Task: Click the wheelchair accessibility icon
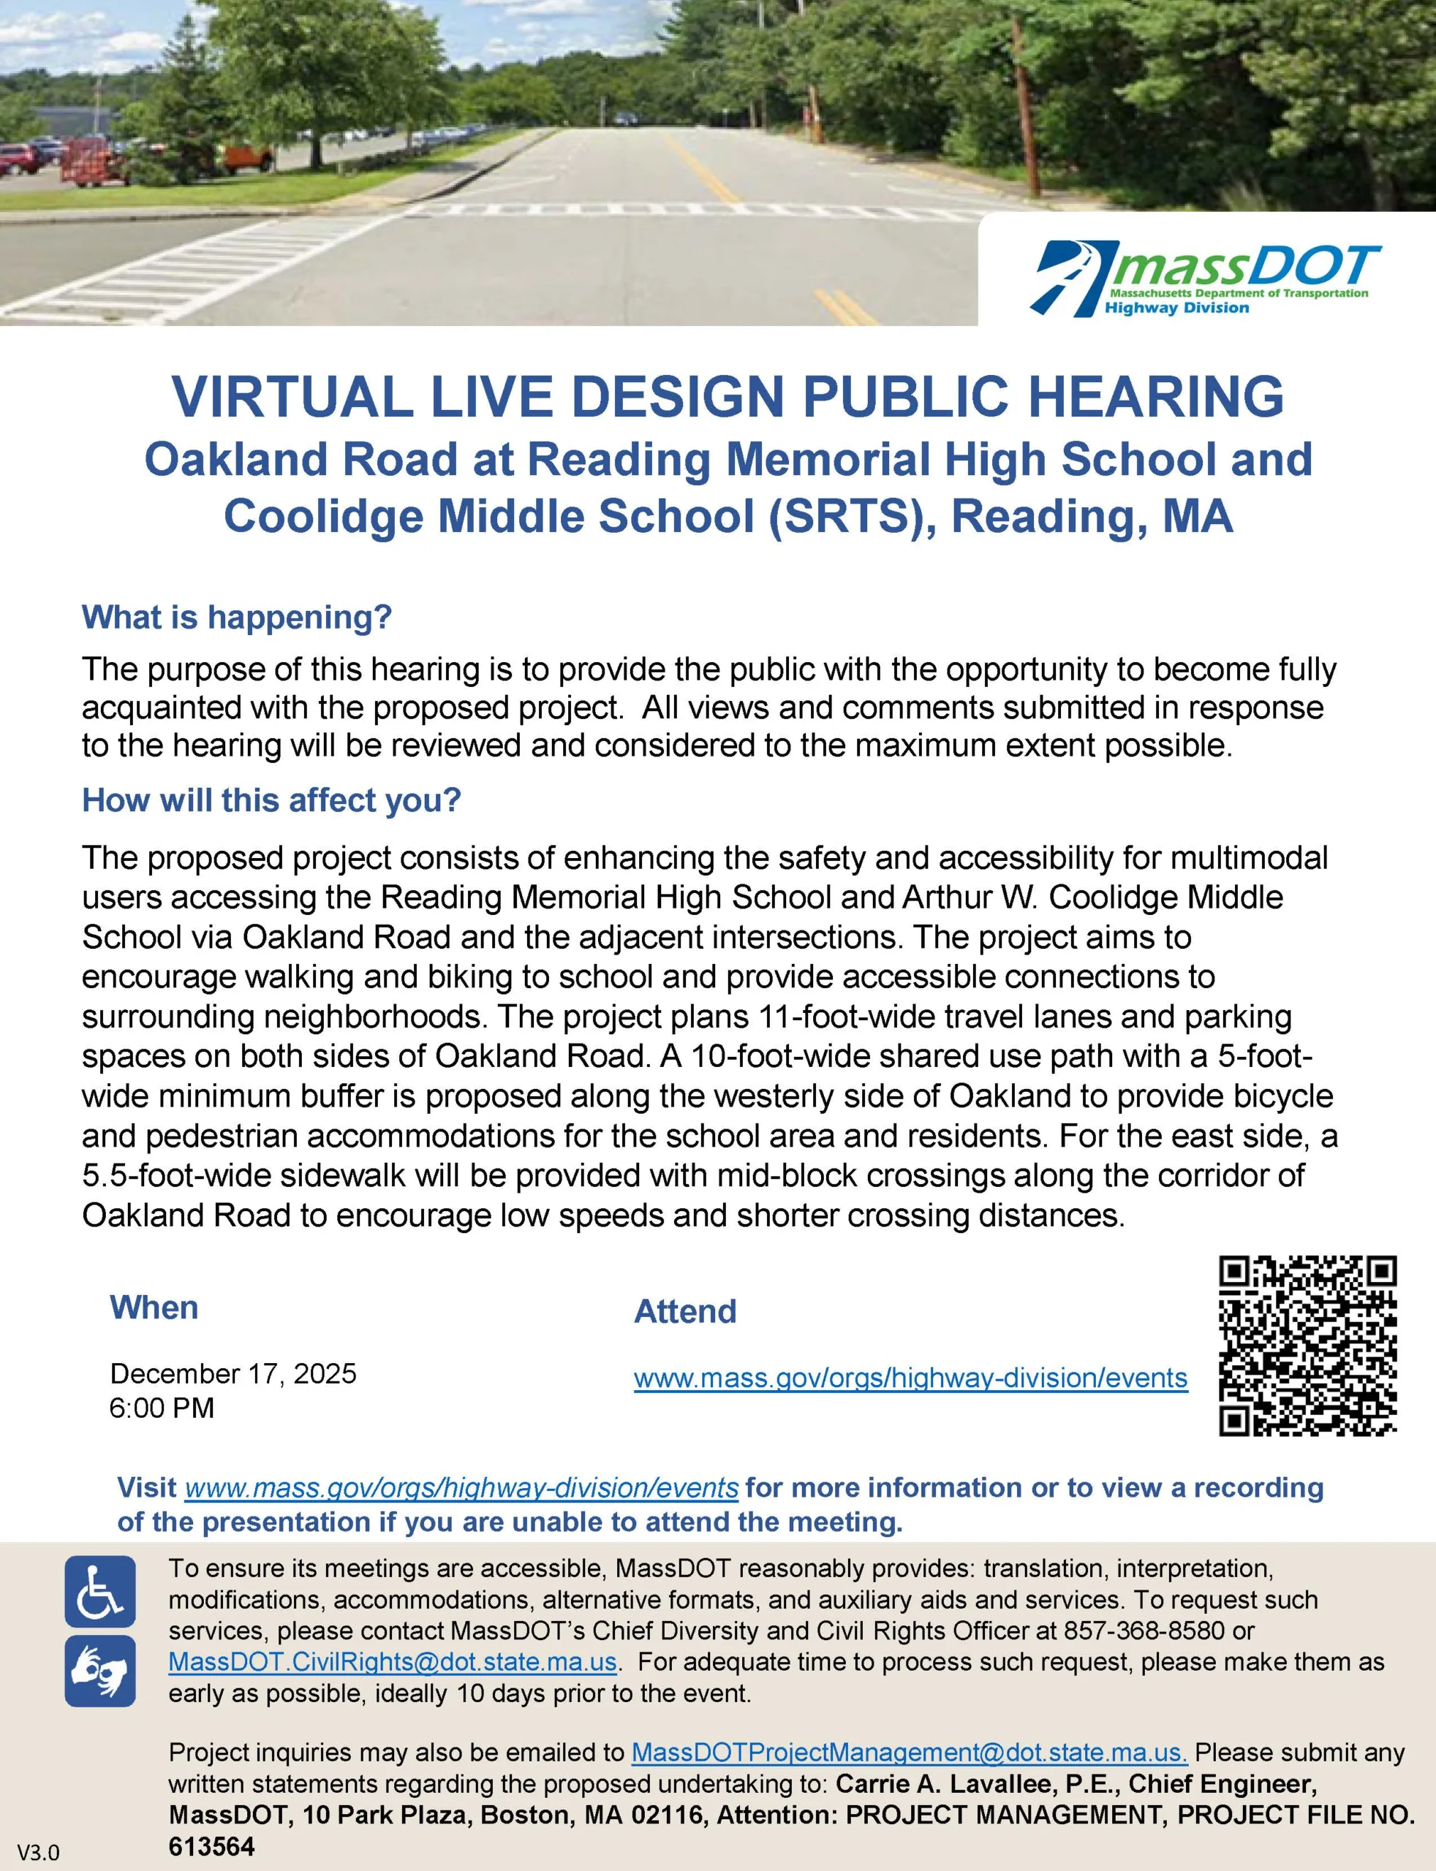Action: click(100, 1592)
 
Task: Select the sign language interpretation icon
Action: click(100, 1671)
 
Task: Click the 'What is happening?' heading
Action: click(237, 617)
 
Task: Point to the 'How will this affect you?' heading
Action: click(271, 800)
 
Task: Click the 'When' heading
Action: click(154, 1308)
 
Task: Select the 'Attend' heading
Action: click(684, 1311)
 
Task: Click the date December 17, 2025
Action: click(233, 1374)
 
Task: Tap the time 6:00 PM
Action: click(162, 1408)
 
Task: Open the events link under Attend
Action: click(910, 1378)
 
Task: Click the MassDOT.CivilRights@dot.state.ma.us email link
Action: click(393, 1662)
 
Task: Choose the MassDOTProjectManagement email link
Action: click(909, 1753)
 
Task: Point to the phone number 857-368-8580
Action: click(1144, 1631)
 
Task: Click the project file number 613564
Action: click(211, 1847)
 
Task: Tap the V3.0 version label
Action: click(39, 1853)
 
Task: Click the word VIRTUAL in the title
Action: click(292, 398)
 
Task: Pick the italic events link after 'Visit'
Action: click(461, 1488)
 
